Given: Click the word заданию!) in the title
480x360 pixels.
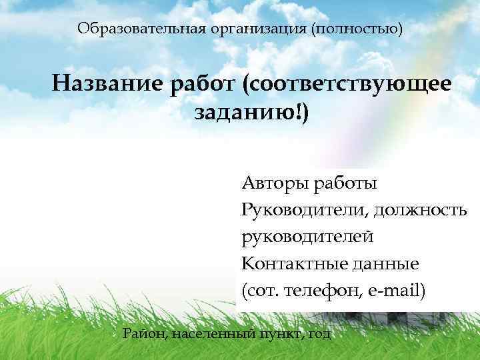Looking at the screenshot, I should click(251, 113).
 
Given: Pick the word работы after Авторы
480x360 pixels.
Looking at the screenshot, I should click(345, 183).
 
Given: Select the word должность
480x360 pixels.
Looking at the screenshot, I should click(420, 210).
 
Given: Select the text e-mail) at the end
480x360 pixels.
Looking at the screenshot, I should click(393, 291).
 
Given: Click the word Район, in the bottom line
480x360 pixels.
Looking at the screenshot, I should click(145, 333).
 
